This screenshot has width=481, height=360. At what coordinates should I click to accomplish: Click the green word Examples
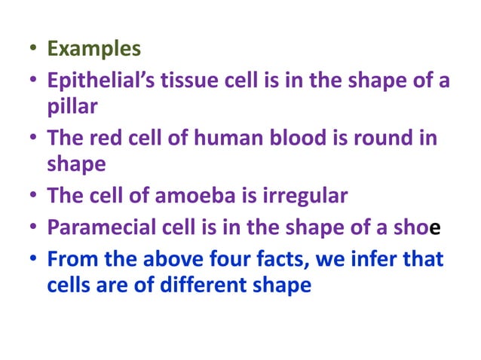[93, 49]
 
